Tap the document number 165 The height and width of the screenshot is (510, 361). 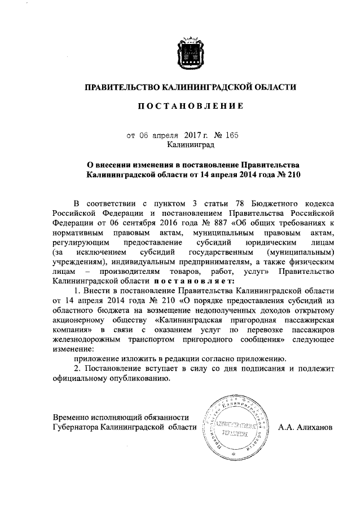click(232, 135)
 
